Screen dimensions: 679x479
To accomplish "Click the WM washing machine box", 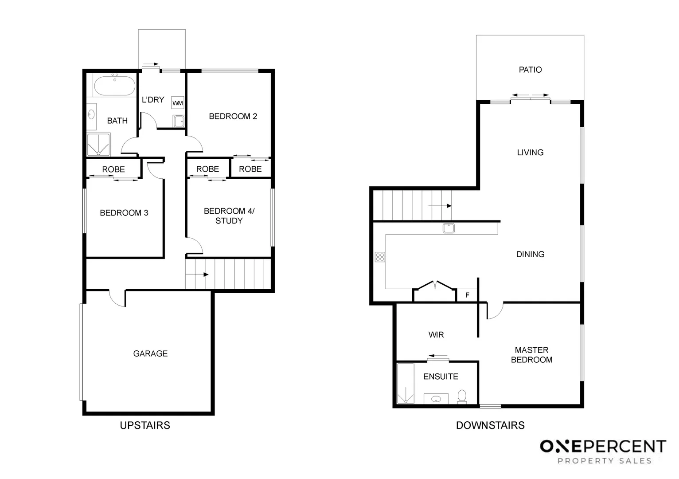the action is click(x=178, y=103).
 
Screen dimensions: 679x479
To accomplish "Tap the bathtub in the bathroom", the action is click(x=115, y=86).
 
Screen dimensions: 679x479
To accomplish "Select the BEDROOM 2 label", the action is click(x=233, y=116).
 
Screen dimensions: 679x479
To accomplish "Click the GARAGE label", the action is click(x=150, y=353).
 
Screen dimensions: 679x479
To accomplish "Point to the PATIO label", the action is click(x=530, y=70).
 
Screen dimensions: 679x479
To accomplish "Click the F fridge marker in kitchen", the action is click(x=467, y=295).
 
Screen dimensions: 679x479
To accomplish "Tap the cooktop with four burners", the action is click(x=380, y=257).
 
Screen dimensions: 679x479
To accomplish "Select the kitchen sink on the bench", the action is click(x=449, y=228).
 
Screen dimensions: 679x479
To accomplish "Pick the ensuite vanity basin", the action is click(x=436, y=399).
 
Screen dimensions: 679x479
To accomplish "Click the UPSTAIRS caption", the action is click(x=145, y=425).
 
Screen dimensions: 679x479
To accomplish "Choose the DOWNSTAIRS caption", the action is click(x=490, y=425).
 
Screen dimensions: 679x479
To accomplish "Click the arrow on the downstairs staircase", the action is click(x=440, y=206).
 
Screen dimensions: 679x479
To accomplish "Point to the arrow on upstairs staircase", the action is click(x=197, y=275).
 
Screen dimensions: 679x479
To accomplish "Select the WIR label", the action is click(x=436, y=334).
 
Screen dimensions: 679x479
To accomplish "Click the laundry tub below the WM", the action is click(x=179, y=121).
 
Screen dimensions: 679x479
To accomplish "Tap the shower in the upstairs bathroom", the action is click(x=98, y=145).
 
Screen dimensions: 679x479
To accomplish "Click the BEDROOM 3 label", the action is click(x=124, y=212).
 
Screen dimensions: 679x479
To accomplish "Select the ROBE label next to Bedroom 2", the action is click(x=250, y=169).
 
